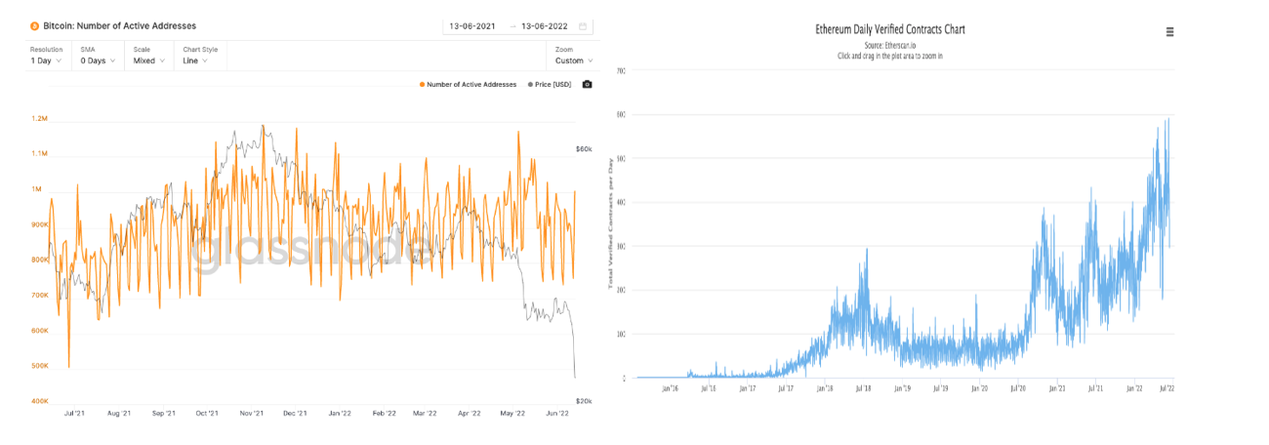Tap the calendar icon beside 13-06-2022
pyautogui.click(x=583, y=26)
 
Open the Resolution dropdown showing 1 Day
pyautogui.click(x=46, y=61)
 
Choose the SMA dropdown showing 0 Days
pyautogui.click(x=99, y=61)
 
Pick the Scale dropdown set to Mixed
pyautogui.click(x=150, y=61)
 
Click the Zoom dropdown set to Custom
pyautogui.click(x=574, y=61)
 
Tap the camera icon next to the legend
pyautogui.click(x=587, y=85)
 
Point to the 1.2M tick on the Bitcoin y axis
pyautogui.click(x=39, y=118)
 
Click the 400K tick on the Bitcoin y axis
pyautogui.click(x=39, y=401)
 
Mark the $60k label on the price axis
pyautogui.click(x=584, y=149)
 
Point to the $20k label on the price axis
pyautogui.click(x=584, y=401)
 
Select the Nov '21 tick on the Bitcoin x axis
pyautogui.click(x=252, y=414)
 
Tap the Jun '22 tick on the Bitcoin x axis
pyautogui.click(x=556, y=414)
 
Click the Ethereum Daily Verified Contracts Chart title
pyautogui.click(x=889, y=29)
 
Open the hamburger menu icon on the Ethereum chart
pyautogui.click(x=1170, y=32)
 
